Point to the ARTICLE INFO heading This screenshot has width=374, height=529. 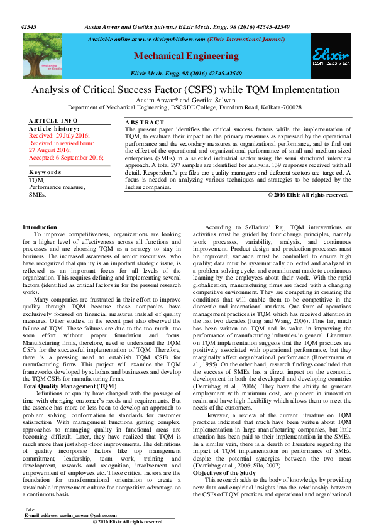[x=53, y=120]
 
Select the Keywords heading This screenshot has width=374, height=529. [x=45, y=153]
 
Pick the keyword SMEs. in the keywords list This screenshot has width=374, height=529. [x=38, y=178]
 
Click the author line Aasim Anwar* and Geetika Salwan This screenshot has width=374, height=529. [x=187, y=100]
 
